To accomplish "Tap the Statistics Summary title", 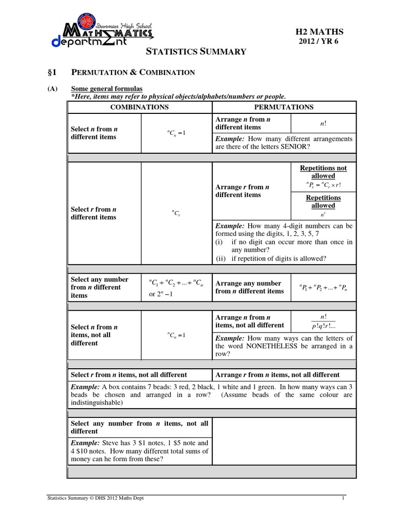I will pyautogui.click(x=196, y=51).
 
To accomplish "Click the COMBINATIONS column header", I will pyautogui.click(x=139, y=107).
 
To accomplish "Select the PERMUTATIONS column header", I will pyautogui.click(x=284, y=107).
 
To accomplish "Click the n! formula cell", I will pyautogui.click(x=323, y=124).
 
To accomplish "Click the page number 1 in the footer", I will pyautogui.click(x=343, y=498).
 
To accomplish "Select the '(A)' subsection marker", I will pyautogui.click(x=53, y=89).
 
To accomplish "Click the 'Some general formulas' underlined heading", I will pyautogui.click(x=107, y=89).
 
